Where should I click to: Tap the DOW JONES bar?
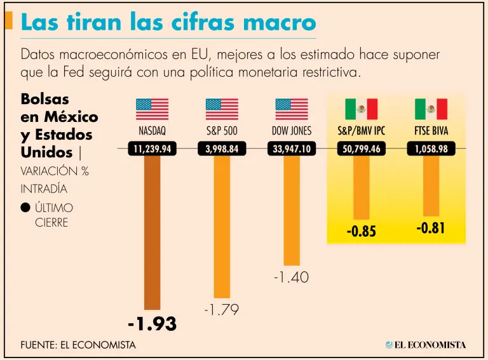[292, 210]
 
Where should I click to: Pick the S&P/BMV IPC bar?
[361, 188]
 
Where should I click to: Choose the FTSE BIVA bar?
[431, 186]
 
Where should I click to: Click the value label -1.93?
[152, 324]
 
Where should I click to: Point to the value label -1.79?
[221, 310]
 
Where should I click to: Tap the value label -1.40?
[291, 277]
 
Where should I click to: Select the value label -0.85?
[361, 232]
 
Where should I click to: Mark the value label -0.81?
[431, 228]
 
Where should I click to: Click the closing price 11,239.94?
[152, 149]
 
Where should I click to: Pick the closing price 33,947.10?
[292, 149]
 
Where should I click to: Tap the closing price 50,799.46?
[361, 149]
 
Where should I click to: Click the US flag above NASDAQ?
[152, 109]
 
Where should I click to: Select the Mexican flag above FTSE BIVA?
[431, 109]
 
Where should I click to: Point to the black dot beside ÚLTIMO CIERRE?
[25, 208]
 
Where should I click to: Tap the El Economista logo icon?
[389, 345]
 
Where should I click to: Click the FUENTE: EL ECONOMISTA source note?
[78, 345]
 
